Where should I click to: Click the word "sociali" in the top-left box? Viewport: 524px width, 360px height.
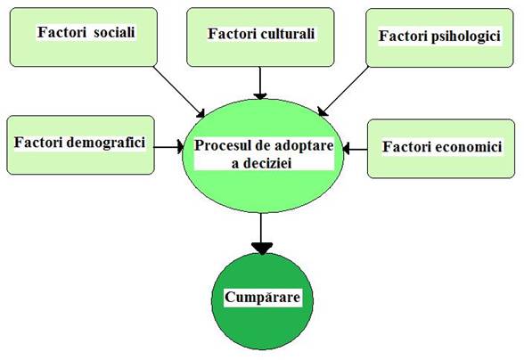[x=114, y=32]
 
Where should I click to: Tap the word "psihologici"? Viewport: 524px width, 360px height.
[x=465, y=37]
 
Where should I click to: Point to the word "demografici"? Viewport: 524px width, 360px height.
[x=106, y=143]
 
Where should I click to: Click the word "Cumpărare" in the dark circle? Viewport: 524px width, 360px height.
[x=262, y=297]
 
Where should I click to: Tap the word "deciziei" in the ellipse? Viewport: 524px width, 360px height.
[x=271, y=163]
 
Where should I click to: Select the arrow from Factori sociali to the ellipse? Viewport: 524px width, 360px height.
[x=179, y=92]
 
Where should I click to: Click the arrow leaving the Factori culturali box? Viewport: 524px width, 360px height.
[x=260, y=83]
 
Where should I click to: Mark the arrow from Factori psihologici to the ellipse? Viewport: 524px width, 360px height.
[x=343, y=91]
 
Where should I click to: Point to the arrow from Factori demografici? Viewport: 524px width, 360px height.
[x=168, y=147]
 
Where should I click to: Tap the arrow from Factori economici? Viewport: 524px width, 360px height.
[x=355, y=149]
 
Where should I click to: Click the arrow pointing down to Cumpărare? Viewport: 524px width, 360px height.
[x=262, y=234]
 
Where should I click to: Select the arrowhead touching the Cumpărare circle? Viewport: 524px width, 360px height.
[x=262, y=249]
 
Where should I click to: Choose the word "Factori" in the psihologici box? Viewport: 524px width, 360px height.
[x=403, y=36]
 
